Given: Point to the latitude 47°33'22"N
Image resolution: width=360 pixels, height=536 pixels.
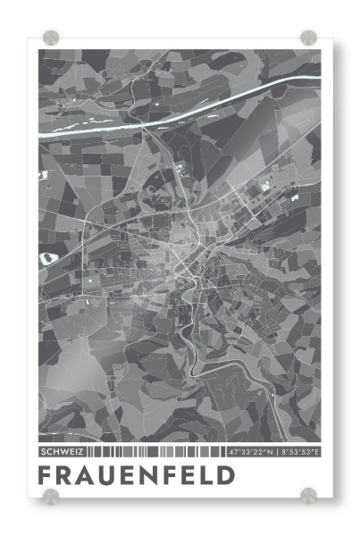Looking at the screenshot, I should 251,451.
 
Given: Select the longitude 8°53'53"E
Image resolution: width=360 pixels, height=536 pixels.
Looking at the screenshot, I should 300,451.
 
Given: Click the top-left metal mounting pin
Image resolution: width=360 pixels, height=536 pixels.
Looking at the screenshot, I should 50,38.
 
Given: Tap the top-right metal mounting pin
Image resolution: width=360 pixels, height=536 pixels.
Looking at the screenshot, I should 308,38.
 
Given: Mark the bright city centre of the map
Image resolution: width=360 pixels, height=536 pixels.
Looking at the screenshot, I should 183,259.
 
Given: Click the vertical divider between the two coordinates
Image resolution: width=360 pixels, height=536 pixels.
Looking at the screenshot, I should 276,451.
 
